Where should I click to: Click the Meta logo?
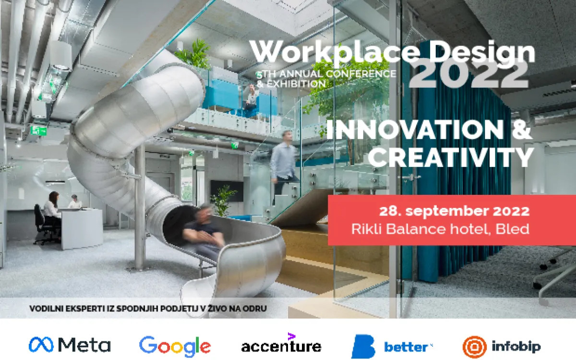(x=70, y=345)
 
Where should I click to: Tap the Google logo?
(x=175, y=346)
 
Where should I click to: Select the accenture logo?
(x=281, y=344)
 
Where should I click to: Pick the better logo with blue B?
(x=392, y=346)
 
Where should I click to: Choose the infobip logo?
(x=502, y=346)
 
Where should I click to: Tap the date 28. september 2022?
(x=454, y=211)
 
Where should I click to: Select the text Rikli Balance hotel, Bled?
(x=440, y=229)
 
